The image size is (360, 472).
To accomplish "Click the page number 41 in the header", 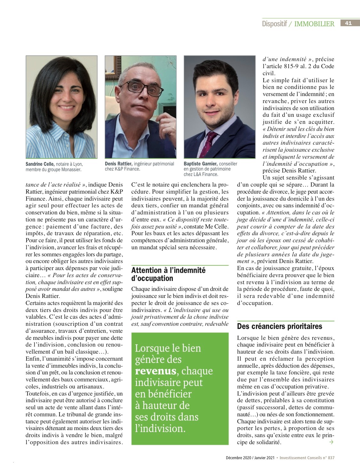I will tap(348, 23).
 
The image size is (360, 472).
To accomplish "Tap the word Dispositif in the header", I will tap(274, 24).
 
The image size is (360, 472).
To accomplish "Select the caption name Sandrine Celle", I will tap(40, 164).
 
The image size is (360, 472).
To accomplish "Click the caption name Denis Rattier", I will tap(118, 164).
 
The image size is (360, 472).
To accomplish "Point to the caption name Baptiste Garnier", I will tap(201, 164).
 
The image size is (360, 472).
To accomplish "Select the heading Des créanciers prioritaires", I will tap(280, 326).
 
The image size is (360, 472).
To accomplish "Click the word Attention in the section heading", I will tap(147, 270).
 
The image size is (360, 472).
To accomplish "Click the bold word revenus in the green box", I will tap(156, 371).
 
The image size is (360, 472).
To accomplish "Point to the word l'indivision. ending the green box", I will tap(160, 428).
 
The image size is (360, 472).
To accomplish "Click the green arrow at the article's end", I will tap(331, 442).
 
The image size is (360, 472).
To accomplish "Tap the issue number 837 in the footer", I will tap(331, 458).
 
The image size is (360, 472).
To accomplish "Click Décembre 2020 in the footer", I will tap(238, 458).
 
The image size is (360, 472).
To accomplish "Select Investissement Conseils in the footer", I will tap(301, 458).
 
